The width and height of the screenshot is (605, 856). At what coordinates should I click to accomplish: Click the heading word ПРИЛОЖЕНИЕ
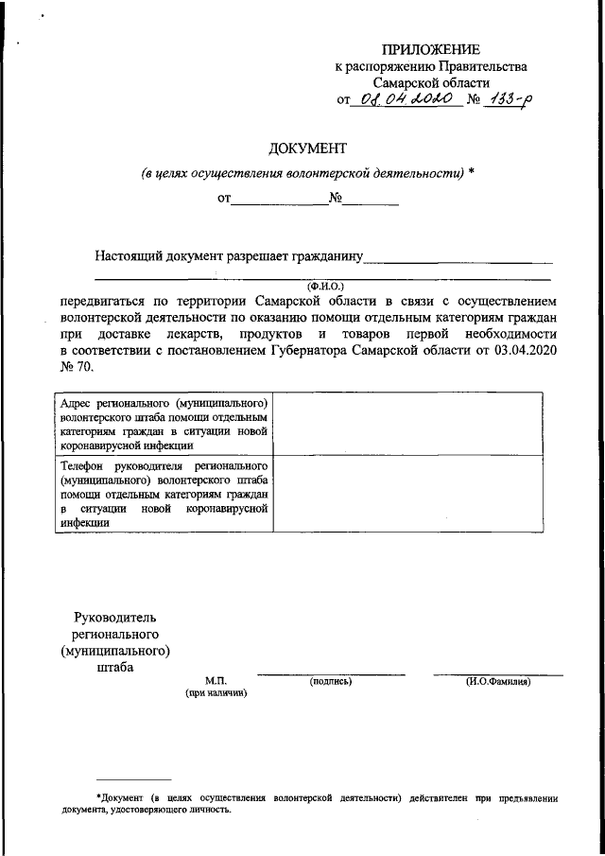point(431,49)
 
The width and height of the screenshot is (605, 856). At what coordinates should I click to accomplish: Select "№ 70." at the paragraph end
point(76,368)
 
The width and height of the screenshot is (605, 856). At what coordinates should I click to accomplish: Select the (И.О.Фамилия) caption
point(498,681)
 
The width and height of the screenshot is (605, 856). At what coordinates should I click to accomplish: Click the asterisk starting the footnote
point(98,797)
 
